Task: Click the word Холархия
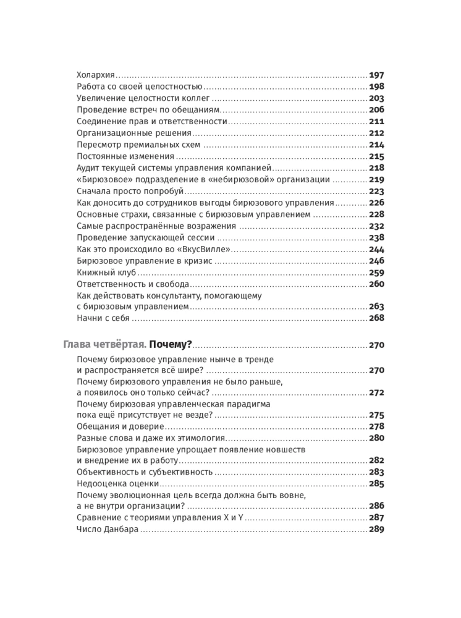(96, 75)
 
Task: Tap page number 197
(376, 75)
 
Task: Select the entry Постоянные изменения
(125, 156)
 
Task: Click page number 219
(376, 180)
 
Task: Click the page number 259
(376, 273)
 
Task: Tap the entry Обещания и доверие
(120, 426)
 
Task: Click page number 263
(376, 307)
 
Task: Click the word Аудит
(88, 168)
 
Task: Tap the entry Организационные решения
(133, 133)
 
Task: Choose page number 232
(376, 226)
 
